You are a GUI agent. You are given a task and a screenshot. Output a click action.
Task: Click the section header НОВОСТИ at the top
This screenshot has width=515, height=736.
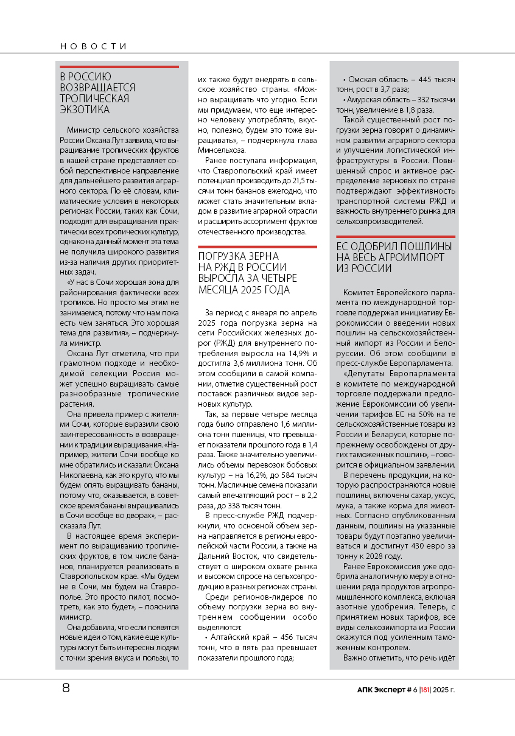(93, 46)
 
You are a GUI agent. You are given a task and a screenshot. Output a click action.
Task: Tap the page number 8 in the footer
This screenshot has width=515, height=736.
(65, 689)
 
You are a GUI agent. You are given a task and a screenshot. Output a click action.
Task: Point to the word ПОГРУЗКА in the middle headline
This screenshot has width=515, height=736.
(222, 256)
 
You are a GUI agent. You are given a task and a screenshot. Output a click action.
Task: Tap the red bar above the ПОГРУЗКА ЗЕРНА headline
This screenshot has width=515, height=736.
(257, 247)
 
